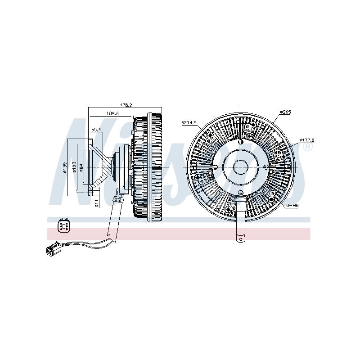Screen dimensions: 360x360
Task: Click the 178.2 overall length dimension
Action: point(126,105)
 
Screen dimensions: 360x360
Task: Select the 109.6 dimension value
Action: point(112,113)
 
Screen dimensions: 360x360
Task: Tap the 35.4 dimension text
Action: point(96,130)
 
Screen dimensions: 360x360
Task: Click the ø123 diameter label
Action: point(74,166)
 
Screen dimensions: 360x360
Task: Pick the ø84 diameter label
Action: point(81,166)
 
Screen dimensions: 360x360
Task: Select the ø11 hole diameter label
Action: point(97,203)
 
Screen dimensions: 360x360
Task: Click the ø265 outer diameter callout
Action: point(285,112)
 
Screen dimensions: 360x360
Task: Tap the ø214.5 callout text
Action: point(189,122)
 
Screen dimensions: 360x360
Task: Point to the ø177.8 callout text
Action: point(307,140)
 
